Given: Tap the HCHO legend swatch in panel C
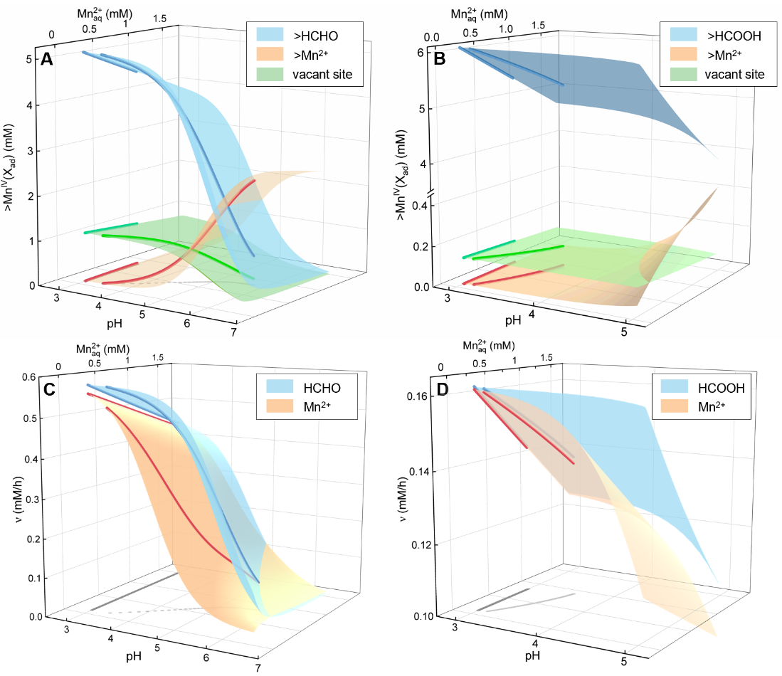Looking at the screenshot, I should tap(285, 387).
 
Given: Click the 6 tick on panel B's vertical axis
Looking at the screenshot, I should tap(420, 52).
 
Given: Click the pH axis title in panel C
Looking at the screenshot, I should tap(132, 654).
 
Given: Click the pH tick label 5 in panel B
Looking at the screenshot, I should tap(624, 333).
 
